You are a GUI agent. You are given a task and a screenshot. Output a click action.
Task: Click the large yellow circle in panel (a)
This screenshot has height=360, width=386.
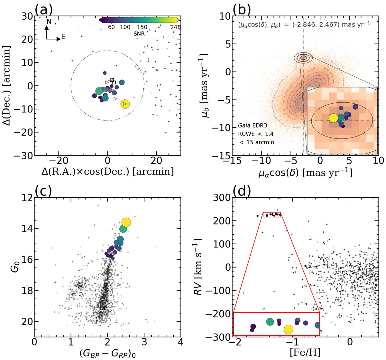(x=125, y=104)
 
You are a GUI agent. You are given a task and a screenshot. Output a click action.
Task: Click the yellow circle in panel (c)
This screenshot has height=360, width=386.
(x=126, y=223)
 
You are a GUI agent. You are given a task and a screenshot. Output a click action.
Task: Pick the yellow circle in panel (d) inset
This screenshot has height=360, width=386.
(x=289, y=329)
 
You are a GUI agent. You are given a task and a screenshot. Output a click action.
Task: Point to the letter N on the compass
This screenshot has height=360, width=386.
(x=49, y=22)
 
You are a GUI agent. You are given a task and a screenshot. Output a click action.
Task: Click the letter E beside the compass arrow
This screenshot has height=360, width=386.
(x=63, y=37)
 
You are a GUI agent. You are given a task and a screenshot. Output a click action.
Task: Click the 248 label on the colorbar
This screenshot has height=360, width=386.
(x=176, y=27)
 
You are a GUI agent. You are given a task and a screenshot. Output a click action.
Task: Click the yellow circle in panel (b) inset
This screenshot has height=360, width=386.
(x=334, y=118)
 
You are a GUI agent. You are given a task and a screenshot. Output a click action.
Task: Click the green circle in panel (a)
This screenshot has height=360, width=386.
(x=100, y=91)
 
